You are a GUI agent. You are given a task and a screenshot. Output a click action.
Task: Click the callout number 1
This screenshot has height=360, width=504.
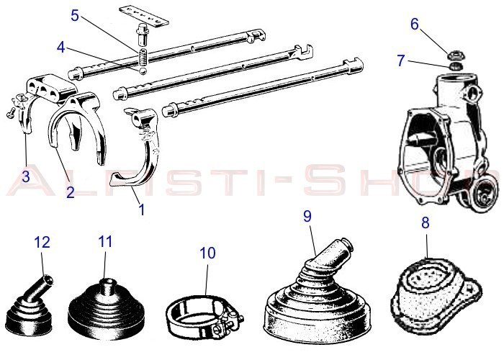tap(141, 210)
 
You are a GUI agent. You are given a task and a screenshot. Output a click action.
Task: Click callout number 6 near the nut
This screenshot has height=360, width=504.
tap(414, 23)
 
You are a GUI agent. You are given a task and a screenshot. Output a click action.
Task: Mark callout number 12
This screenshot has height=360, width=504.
tap(44, 243)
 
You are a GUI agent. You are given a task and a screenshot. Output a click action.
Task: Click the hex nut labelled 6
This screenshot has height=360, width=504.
tap(455, 54)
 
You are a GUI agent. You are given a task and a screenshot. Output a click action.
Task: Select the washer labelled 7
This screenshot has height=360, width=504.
tap(454, 66)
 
